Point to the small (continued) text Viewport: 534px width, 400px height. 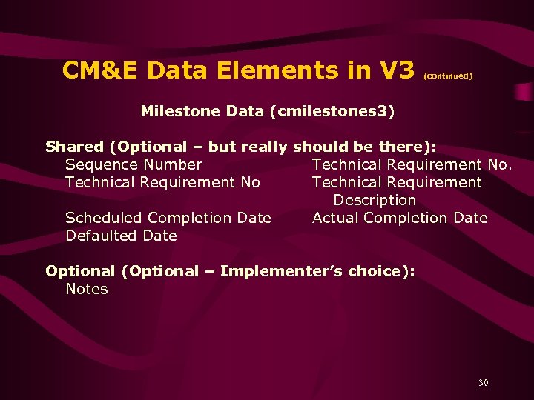tap(448, 76)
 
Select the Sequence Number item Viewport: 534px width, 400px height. tap(133, 164)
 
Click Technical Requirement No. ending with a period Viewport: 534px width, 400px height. tap(412, 164)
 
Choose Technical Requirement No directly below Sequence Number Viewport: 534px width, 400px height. tap(162, 182)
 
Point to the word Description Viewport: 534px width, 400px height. tap(375, 200)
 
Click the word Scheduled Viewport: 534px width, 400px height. tap(104, 218)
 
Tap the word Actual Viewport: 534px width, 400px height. tap(335, 218)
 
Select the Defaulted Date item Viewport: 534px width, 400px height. tap(121, 236)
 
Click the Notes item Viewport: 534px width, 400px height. tap(87, 289)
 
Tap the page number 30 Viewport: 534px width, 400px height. tap(484, 383)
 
